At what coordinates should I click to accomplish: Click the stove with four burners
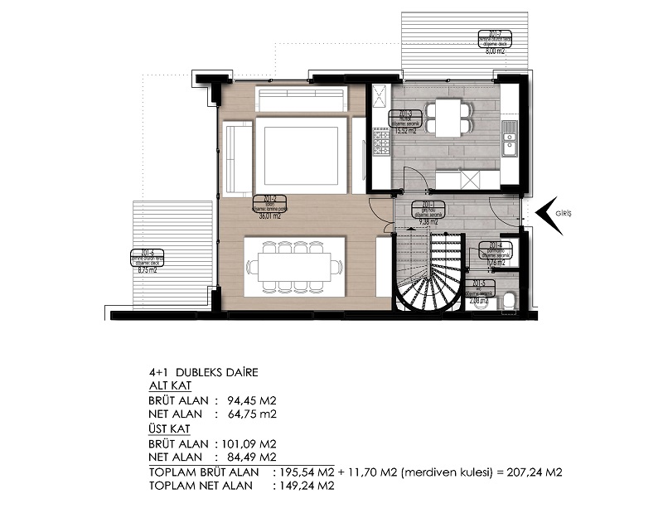click(382, 147)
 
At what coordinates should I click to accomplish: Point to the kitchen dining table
click(448, 118)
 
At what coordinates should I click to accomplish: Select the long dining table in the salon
click(295, 266)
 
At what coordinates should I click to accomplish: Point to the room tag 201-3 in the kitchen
click(406, 114)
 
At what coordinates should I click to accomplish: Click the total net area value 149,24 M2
click(304, 487)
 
